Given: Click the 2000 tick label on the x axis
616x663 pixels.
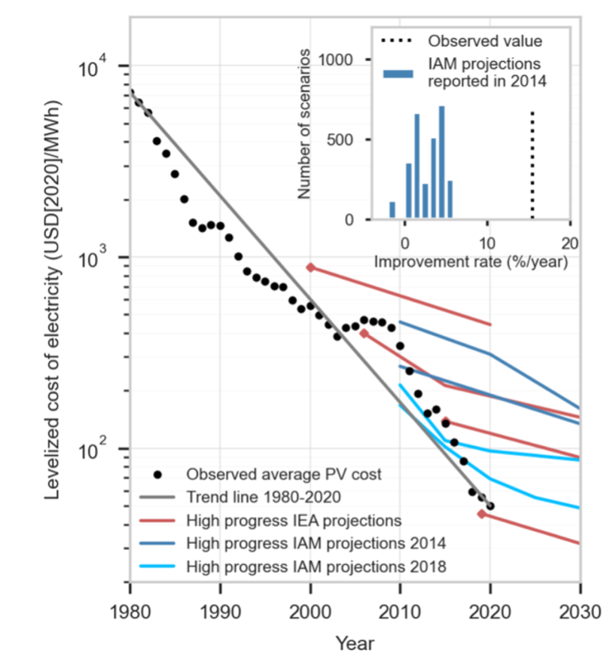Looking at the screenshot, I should tap(310, 611).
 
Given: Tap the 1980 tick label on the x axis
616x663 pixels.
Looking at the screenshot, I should tap(130, 611).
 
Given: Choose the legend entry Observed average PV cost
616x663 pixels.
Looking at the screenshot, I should tap(284, 475).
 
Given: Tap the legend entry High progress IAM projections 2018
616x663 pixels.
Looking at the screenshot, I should tap(316, 566).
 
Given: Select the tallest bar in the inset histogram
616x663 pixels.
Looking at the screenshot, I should tap(442, 163).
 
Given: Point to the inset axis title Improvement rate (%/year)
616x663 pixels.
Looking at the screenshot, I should tap(471, 263).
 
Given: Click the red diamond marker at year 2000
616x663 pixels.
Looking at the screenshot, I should tap(310, 267).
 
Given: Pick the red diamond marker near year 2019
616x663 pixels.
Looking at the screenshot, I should tap(481, 514).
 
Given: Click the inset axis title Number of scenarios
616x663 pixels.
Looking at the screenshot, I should tap(304, 124).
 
